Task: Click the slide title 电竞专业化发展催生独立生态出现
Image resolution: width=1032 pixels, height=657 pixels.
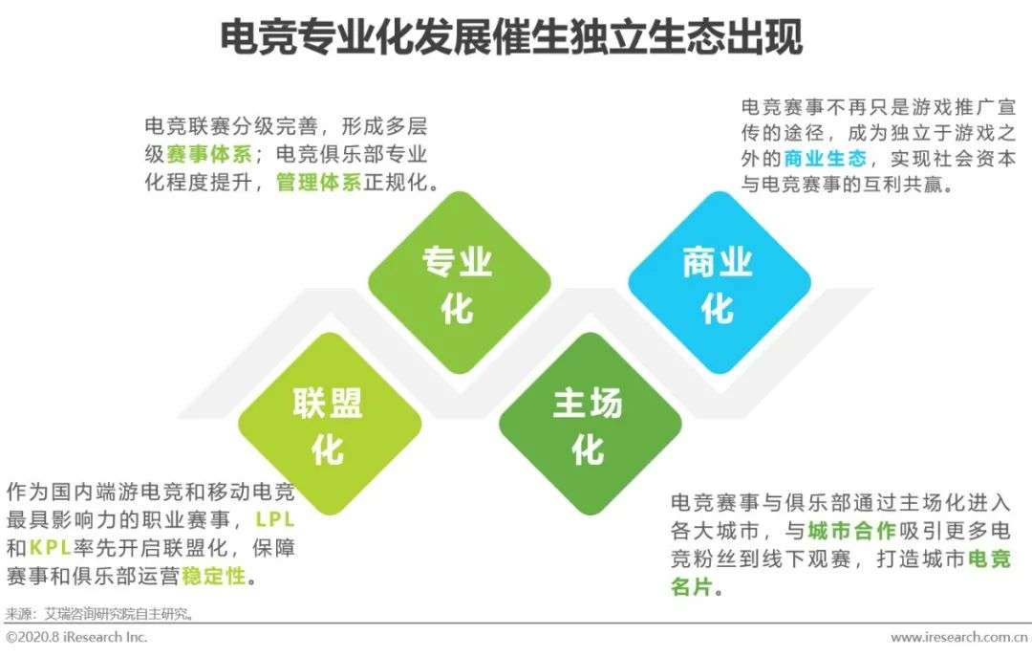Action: coord(510,37)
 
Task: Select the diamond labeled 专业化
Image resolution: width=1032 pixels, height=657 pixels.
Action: coord(459,283)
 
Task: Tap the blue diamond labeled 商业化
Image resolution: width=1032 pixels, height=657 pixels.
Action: coord(719,283)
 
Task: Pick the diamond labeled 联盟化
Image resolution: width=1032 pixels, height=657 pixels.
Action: coord(329,424)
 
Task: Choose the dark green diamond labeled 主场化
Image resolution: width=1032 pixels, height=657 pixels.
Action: coord(589,424)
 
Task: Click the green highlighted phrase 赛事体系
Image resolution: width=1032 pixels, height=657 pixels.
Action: coord(209,154)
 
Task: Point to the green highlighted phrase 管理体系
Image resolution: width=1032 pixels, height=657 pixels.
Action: coord(319,182)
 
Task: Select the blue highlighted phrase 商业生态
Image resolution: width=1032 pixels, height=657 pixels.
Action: coord(826,159)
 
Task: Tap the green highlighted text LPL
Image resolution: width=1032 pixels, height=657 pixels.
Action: coord(274,520)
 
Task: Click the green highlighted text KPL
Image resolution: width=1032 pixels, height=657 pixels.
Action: coord(50,548)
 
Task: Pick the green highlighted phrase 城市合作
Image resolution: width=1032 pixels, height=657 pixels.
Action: coord(851,531)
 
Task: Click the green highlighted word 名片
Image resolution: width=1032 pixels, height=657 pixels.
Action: coord(692,586)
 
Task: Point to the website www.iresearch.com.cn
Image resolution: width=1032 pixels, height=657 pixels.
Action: coord(959,638)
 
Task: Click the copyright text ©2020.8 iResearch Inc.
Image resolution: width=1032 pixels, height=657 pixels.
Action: coord(76,637)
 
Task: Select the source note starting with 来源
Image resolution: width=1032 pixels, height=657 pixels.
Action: coord(99,615)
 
